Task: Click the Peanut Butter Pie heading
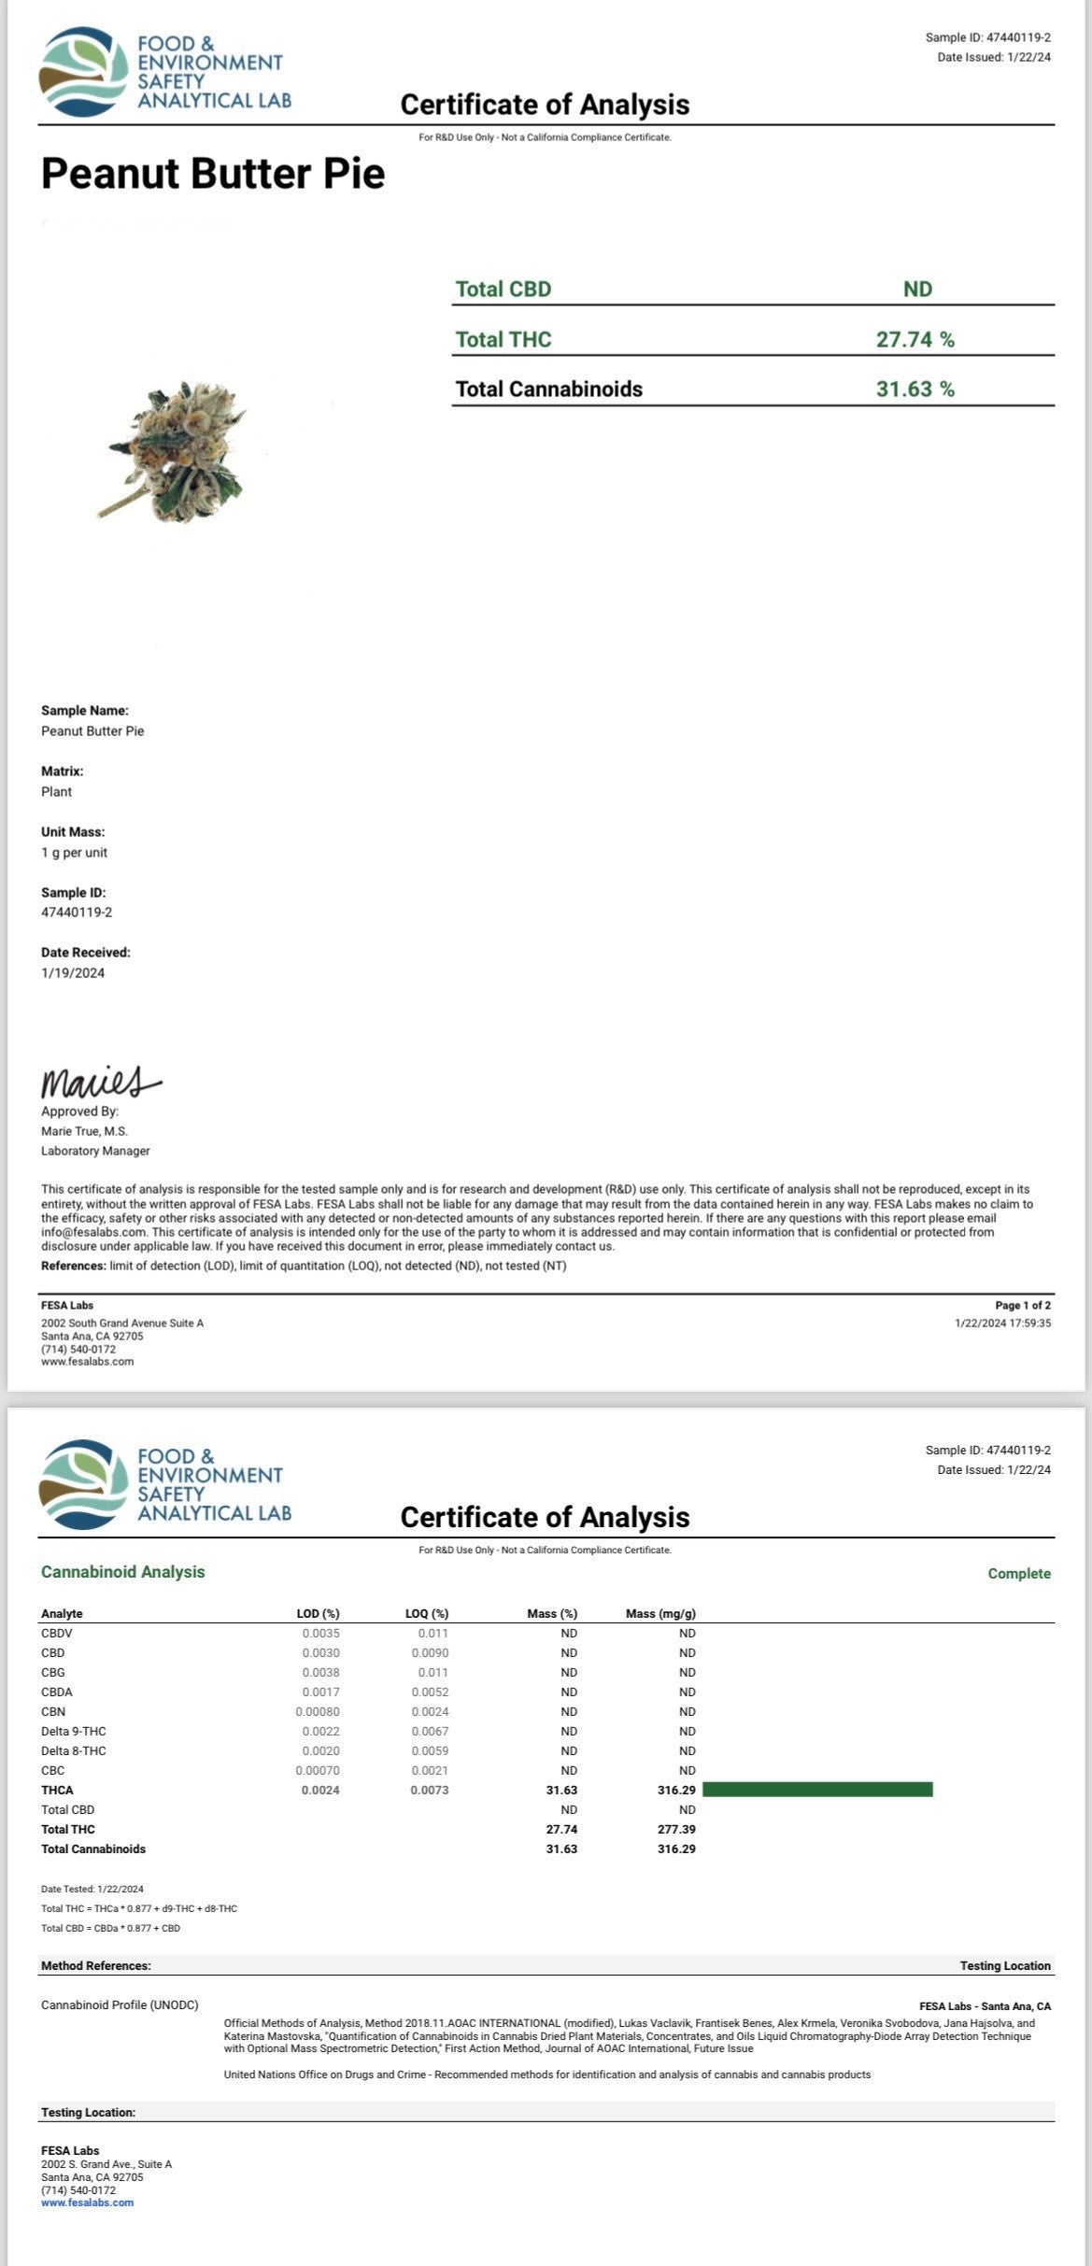pyautogui.click(x=213, y=175)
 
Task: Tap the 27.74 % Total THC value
pyautogui.click(x=915, y=339)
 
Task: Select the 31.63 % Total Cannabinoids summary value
pyautogui.click(x=915, y=389)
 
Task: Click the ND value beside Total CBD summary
pyautogui.click(x=917, y=290)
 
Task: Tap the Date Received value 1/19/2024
pyautogui.click(x=73, y=973)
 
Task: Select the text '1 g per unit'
pyautogui.click(x=74, y=853)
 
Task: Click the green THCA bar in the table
pyautogui.click(x=817, y=1790)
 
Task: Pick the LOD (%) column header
pyautogui.click(x=318, y=1613)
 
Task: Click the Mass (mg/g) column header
pyautogui.click(x=660, y=1613)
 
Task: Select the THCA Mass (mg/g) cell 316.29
pyautogui.click(x=676, y=1790)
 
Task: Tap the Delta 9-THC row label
pyautogui.click(x=73, y=1731)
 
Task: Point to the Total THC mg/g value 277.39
pyautogui.click(x=676, y=1829)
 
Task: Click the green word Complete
pyautogui.click(x=1019, y=1574)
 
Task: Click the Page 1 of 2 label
pyautogui.click(x=1023, y=1306)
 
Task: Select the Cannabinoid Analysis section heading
pyautogui.click(x=122, y=1572)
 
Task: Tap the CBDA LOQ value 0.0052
pyautogui.click(x=430, y=1692)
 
